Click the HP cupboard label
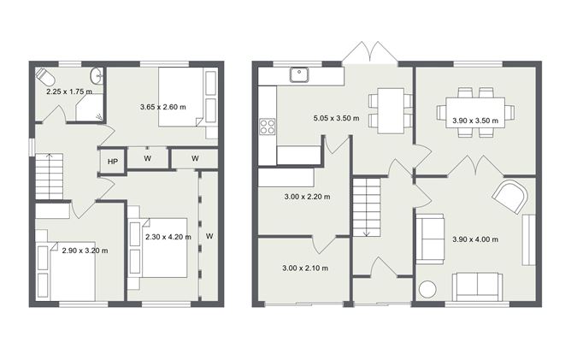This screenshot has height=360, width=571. (113, 160)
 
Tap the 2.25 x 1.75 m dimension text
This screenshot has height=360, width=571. (69, 91)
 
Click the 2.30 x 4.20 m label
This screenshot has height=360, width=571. (168, 236)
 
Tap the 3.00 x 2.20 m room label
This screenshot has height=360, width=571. (306, 196)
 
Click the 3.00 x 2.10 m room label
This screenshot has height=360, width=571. (305, 268)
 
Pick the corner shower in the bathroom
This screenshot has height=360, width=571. (89, 107)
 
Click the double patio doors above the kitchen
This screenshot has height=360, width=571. (370, 54)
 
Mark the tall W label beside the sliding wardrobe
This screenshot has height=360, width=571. (209, 236)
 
